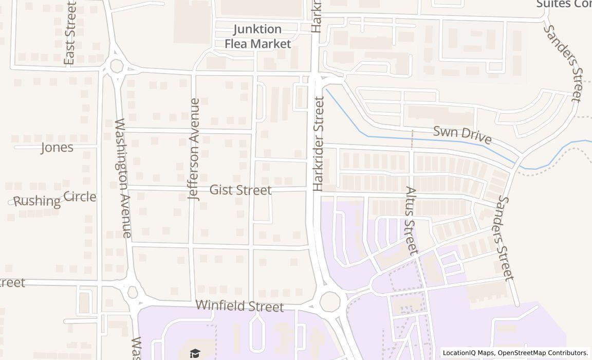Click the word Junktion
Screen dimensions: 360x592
pos(257,29)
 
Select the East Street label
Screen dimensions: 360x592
pos(70,33)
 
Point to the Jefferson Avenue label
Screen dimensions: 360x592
pos(194,149)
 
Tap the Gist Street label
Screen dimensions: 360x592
pos(240,190)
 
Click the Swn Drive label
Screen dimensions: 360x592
pos(462,135)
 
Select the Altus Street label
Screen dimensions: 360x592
pos(411,221)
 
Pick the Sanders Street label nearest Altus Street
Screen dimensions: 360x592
pos(506,238)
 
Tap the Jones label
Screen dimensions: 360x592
pos(57,148)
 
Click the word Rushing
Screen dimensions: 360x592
pos(36,201)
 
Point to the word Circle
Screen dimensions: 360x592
pos(80,196)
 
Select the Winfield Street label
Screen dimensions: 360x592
pos(239,306)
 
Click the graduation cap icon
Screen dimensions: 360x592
pos(194,353)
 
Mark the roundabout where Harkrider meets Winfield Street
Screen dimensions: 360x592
pos(329,301)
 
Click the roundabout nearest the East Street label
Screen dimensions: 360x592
pos(117,66)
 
